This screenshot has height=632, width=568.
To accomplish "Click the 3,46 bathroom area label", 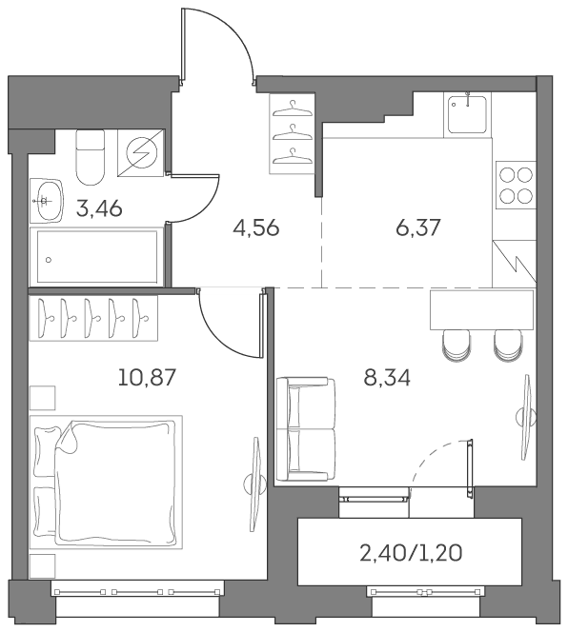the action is pos(99,209).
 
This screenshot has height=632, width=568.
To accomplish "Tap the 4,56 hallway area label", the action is pos(256,228).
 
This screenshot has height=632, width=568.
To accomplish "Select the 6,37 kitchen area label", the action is pos(417,228).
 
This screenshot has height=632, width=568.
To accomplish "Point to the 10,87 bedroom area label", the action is pos(147,378).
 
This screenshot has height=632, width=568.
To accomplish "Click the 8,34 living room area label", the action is pos(387,378).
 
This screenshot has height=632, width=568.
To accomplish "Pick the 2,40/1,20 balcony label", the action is pos(411,553).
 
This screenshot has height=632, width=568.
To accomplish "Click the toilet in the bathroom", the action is pos(90,157).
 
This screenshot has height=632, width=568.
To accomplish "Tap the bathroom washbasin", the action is pos(48,200).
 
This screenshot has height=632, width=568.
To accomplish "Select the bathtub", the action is pos(97,256).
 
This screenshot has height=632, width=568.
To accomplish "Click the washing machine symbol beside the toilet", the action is pos(141,152).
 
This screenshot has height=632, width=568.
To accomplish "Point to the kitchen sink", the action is pos(468,114).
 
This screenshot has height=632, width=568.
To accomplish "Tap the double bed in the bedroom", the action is pos(106,482).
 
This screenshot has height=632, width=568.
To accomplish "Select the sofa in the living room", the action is pos(306,429).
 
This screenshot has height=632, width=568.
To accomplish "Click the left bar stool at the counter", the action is pos(456,345).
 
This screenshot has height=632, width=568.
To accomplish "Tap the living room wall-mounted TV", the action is pos(527,417).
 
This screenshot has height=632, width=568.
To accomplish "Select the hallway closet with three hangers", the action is pos(292,133).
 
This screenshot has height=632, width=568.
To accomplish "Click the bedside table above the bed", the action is pos(42,398).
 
